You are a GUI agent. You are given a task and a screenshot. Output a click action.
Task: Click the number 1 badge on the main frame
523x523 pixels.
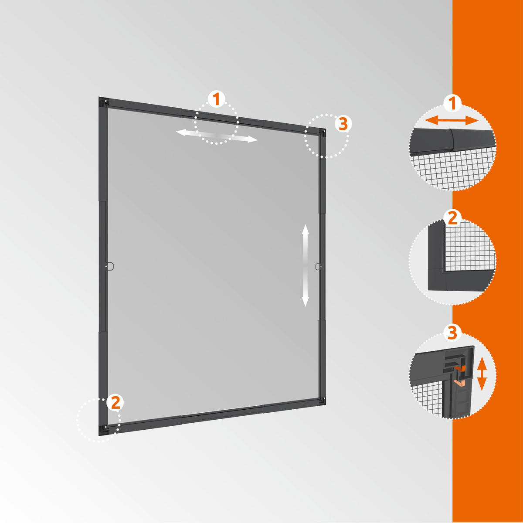pos(216,99)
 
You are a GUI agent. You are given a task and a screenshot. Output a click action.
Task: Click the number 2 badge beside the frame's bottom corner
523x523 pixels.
pos(115,402)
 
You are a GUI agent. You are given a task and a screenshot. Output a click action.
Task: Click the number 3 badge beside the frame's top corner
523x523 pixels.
pos(343,124)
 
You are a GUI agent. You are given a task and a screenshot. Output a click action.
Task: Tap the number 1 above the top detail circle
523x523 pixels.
pos(452,103)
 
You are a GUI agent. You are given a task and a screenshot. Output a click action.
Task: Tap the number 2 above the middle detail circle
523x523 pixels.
pos(452,219)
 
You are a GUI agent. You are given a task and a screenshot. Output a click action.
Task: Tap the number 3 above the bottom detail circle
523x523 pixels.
pos(452,333)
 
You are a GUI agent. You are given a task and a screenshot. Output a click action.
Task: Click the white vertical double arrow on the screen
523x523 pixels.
pos(306,265)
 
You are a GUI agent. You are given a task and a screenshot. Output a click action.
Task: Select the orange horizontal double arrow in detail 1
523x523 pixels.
pos(452,120)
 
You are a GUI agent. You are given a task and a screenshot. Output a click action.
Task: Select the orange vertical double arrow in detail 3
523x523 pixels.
pos(482,374)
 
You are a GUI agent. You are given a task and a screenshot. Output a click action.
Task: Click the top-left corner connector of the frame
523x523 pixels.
pos(104,102)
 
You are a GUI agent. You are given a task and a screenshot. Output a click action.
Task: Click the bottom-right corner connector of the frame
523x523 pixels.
pos(322,401)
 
